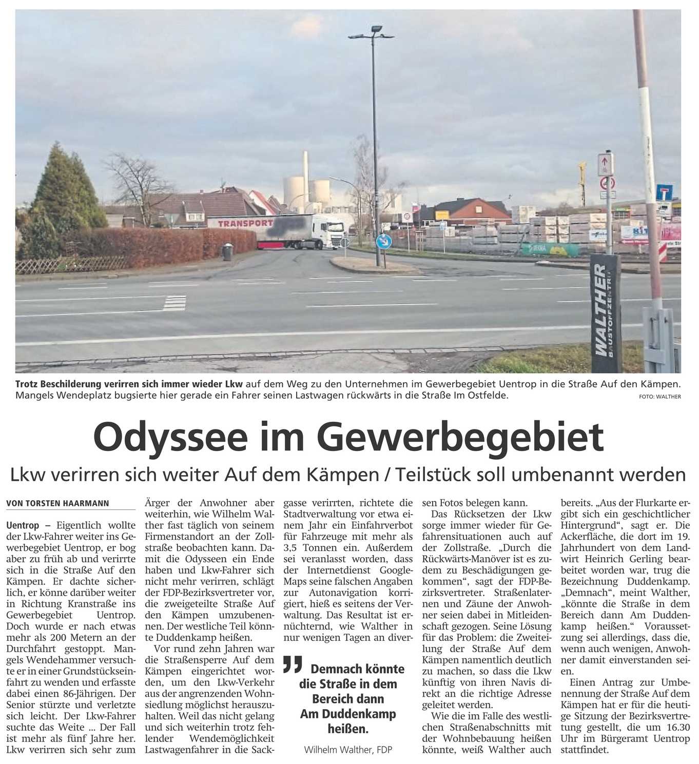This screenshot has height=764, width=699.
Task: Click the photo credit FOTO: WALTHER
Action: [660, 396]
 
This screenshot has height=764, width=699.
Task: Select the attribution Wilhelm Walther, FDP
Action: [347, 750]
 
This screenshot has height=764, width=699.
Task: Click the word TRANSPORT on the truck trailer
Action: [245, 223]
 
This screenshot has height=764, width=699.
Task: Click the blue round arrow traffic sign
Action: [383, 241]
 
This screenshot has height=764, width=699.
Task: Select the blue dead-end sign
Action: [664, 193]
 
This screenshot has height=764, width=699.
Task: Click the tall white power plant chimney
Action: [305, 169]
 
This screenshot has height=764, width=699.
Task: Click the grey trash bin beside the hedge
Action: [227, 252]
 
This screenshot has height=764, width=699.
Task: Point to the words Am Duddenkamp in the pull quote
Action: [348, 714]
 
